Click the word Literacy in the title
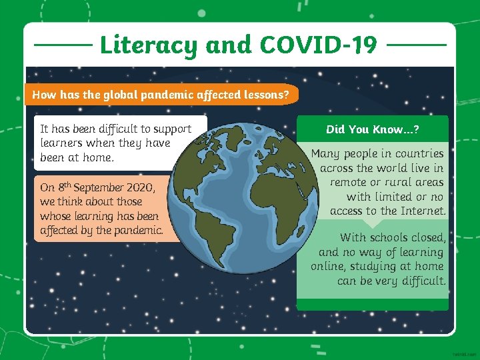pos(149,45)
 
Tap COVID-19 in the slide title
pos(318,45)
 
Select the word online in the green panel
pos(329,267)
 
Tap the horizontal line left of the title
pos(63,45)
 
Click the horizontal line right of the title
pos(416,45)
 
